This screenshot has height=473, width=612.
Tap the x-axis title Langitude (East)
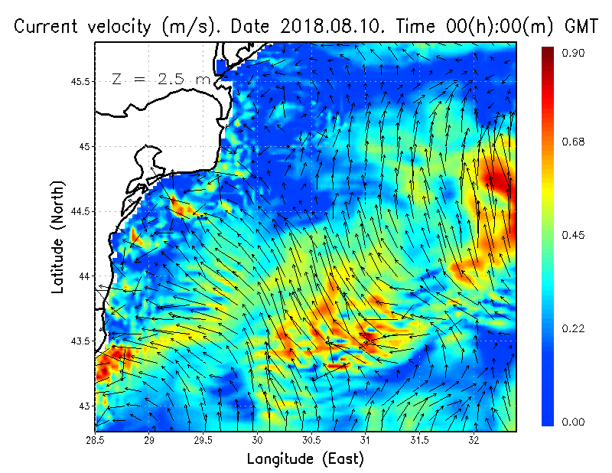click(x=305, y=459)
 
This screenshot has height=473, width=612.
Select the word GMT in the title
click(x=582, y=26)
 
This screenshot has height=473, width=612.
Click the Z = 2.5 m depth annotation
click(x=161, y=79)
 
